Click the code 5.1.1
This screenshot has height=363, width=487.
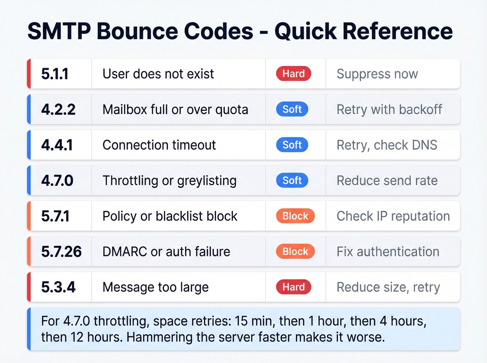coord(55,74)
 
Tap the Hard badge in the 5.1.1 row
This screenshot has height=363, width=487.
coord(293,74)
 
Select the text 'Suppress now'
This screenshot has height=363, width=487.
coord(377,74)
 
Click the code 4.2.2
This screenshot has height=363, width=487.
coord(58,110)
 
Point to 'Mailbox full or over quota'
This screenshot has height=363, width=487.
coord(175,110)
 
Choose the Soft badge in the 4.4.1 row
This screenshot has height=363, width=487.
coord(292,145)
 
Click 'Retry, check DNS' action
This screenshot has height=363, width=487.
coord(387,145)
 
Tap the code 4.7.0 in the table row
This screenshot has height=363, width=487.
coord(57,181)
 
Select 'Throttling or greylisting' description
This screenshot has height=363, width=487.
coord(169,181)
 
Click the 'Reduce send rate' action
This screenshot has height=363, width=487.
coord(387,181)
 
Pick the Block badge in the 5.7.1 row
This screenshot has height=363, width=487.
coord(295,216)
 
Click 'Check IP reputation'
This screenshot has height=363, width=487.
coord(393,216)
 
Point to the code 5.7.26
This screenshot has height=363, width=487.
coord(61,252)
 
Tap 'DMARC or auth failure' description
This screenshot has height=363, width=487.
coord(166,252)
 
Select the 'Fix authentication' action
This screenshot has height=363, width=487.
coord(388,252)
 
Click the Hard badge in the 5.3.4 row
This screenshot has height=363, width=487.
coord(293,287)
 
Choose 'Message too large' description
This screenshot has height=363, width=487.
coord(155,287)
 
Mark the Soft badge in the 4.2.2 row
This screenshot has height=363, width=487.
coord(292,109)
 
